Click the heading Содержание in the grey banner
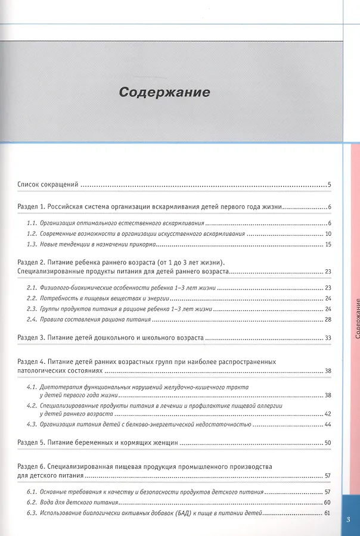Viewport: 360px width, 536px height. [x=164, y=93]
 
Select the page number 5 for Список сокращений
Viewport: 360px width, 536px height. [x=329, y=185]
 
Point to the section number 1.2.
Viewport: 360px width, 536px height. [x=32, y=233]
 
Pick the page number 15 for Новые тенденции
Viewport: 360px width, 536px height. [x=328, y=245]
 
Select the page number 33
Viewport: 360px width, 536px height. [x=328, y=338]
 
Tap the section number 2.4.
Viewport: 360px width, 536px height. [x=32, y=320]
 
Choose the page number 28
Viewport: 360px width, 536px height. [x=328, y=320]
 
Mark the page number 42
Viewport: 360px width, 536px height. [x=328, y=413]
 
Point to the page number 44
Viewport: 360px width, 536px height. [x=328, y=425]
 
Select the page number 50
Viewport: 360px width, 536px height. [x=328, y=442]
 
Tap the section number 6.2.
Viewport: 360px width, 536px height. [x=32, y=503]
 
